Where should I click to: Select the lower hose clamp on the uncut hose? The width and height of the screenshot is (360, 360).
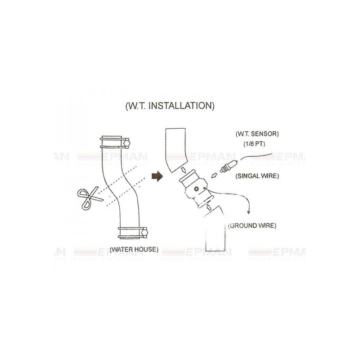point(132,233)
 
